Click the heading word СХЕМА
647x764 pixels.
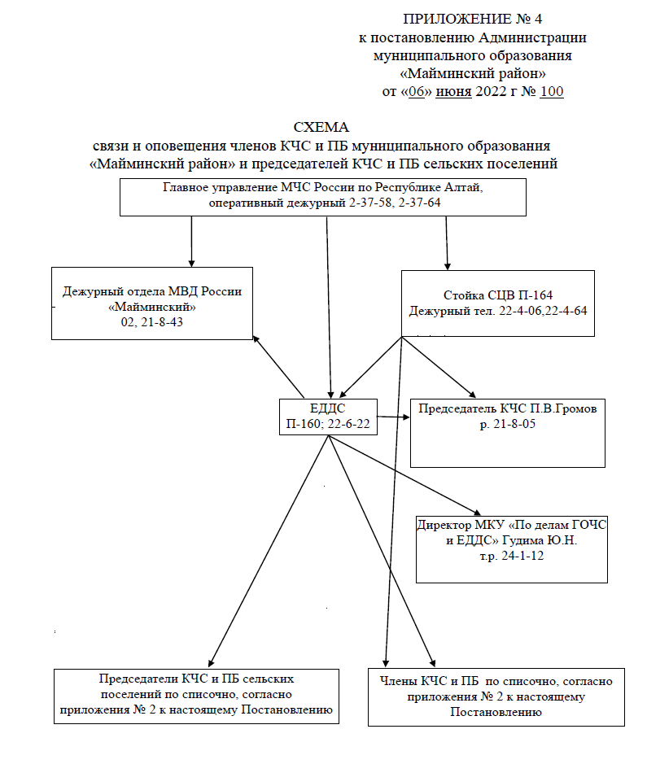click(x=321, y=127)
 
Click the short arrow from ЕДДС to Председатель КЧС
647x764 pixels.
click(x=394, y=417)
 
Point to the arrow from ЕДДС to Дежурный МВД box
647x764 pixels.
click(x=278, y=366)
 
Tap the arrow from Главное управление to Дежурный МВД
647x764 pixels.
click(x=191, y=242)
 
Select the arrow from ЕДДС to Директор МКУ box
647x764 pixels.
click(x=404, y=475)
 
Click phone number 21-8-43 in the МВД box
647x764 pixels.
click(x=162, y=322)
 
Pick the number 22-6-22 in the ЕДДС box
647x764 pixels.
click(x=349, y=424)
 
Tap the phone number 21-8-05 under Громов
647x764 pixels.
click(x=514, y=424)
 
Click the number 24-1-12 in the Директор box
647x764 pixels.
click(x=522, y=556)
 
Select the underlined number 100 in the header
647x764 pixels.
click(x=552, y=92)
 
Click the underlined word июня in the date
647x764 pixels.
click(x=453, y=92)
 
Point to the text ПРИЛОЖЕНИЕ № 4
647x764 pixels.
click(x=473, y=19)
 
